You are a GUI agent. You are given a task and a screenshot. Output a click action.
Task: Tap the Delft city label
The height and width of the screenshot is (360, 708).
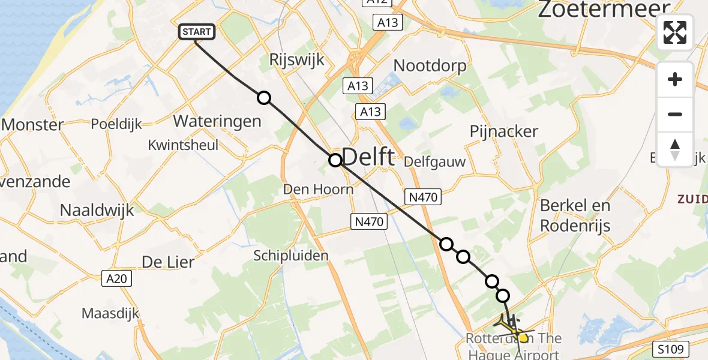click(369, 157)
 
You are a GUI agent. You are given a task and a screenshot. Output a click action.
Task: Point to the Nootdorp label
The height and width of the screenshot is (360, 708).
click(430, 65)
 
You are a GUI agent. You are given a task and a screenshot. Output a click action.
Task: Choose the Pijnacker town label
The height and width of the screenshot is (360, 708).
click(503, 131)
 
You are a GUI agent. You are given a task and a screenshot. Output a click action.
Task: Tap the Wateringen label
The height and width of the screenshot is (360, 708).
click(217, 121)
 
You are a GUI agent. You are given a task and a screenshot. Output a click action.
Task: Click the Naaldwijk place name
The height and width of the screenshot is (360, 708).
click(97, 209)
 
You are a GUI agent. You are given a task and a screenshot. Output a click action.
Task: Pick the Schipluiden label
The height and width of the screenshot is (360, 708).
click(291, 256)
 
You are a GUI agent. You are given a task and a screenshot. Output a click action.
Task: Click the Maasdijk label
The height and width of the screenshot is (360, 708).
click(110, 313)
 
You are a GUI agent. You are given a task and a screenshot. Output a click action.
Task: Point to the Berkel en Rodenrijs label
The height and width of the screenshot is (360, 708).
click(575, 215)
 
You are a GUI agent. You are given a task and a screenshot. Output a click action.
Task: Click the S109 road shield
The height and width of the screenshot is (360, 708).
click(673, 349)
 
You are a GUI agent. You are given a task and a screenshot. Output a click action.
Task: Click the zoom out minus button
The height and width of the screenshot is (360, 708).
click(675, 114)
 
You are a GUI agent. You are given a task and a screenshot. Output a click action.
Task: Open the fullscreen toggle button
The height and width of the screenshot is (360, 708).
click(675, 32)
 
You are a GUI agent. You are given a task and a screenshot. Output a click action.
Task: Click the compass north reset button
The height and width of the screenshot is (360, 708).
click(675, 149)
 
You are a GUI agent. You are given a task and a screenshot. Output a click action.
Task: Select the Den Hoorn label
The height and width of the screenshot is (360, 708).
click(318, 190)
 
